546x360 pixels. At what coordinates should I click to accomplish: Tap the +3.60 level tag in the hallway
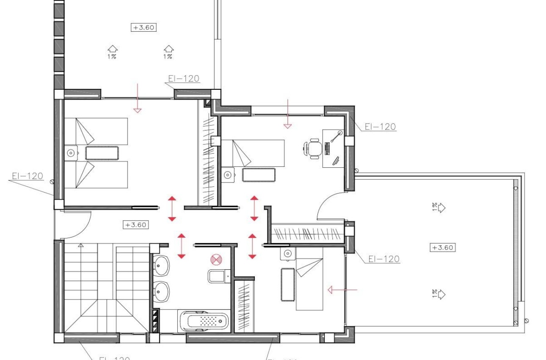(x=135, y=225)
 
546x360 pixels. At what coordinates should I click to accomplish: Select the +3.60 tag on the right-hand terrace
(x=443, y=247)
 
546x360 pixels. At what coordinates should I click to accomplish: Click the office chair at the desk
(x=314, y=149)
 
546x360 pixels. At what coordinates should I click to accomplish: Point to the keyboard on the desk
(x=327, y=149)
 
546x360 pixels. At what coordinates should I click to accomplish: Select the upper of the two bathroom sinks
(x=161, y=266)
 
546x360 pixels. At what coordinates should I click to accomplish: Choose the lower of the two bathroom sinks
(x=161, y=292)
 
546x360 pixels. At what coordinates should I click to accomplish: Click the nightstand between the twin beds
(x=71, y=152)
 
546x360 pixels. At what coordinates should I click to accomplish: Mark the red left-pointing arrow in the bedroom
(x=342, y=290)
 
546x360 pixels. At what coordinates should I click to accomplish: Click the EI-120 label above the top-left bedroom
(x=183, y=78)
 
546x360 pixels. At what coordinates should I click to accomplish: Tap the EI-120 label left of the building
(x=27, y=176)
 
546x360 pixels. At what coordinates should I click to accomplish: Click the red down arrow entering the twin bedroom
(x=137, y=98)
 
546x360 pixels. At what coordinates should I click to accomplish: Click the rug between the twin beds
(x=102, y=153)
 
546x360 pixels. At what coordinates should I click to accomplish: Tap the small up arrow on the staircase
(x=81, y=245)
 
